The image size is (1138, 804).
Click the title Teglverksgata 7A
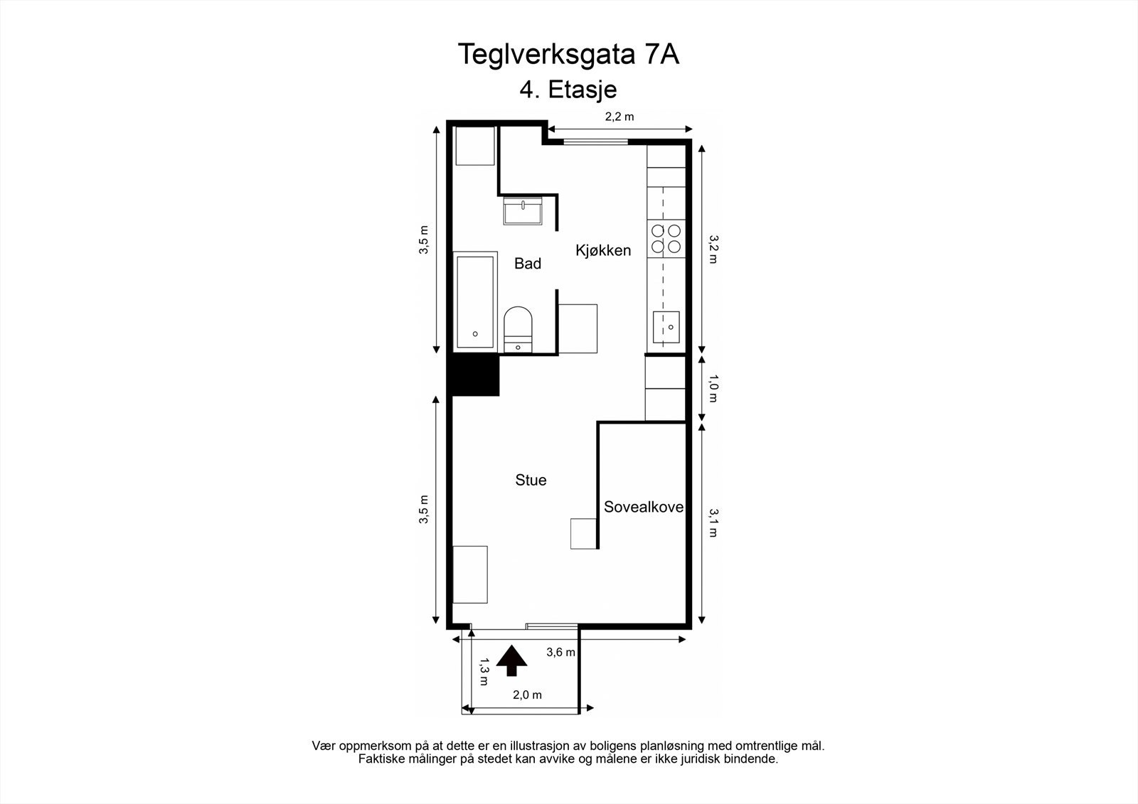(x=568, y=54)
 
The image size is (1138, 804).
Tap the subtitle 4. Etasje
(x=568, y=90)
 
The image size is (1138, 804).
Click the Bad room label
(x=528, y=264)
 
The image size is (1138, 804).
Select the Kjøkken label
(x=603, y=250)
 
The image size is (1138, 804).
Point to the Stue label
(x=531, y=481)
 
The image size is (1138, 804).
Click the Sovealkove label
(x=643, y=508)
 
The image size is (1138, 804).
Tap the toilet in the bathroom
(x=518, y=328)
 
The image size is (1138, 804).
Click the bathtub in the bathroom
(x=475, y=301)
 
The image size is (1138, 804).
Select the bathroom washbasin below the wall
(x=523, y=211)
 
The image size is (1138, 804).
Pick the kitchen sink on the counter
(x=666, y=328)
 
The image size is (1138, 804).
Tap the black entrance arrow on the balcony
(x=511, y=660)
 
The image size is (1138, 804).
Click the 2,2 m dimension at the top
(x=619, y=117)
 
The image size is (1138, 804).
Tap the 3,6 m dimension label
(x=560, y=652)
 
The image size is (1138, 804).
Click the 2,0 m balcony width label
(x=527, y=695)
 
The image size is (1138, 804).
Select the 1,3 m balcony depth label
(x=483, y=671)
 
